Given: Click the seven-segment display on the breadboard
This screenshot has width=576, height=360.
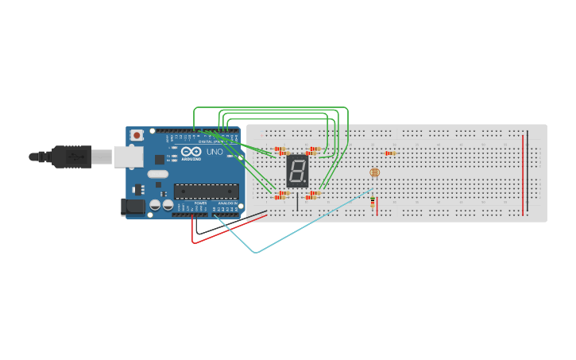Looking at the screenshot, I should pyautogui.click(x=297, y=171).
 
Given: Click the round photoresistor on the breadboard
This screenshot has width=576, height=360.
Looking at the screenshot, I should pyautogui.click(x=375, y=172).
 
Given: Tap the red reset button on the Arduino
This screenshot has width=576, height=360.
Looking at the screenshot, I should pyautogui.click(x=137, y=135).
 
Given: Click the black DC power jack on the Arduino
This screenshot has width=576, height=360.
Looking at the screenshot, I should pyautogui.click(x=133, y=207).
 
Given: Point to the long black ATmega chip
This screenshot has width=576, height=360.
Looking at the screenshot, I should pyautogui.click(x=206, y=191).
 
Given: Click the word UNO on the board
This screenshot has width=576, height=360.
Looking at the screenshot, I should pyautogui.click(x=215, y=152).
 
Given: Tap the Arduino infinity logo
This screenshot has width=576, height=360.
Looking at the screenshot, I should pyautogui.click(x=191, y=151).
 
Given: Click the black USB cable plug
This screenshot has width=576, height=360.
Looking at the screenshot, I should pyautogui.click(x=72, y=157).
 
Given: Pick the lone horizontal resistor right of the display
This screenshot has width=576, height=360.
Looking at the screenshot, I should pyautogui.click(x=390, y=153).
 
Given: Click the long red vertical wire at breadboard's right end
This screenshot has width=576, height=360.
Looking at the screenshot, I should pyautogui.click(x=523, y=175).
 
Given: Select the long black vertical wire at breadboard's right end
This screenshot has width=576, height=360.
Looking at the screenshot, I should pyautogui.click(x=528, y=171).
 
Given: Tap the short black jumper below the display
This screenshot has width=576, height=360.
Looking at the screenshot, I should pyautogui.click(x=297, y=201).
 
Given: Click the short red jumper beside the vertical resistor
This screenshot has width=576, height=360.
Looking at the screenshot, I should pyautogui.click(x=377, y=207).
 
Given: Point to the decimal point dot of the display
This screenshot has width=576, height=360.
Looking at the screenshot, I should pyautogui.click(x=306, y=184).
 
